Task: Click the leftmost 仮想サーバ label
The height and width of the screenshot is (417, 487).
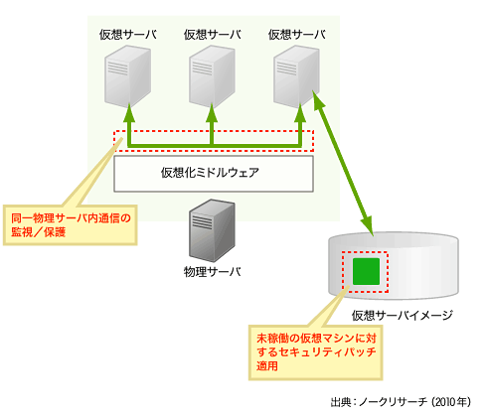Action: pyautogui.click(x=128, y=35)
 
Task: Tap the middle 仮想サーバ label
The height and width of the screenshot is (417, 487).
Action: pyautogui.click(x=213, y=35)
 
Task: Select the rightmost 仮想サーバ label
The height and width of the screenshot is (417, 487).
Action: pyautogui.click(x=297, y=35)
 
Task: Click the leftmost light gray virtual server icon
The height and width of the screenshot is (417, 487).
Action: pyautogui.click(x=127, y=76)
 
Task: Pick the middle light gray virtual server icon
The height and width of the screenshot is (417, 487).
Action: pyautogui.click(x=212, y=76)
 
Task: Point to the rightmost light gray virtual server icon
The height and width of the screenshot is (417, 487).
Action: pyautogui.click(x=296, y=76)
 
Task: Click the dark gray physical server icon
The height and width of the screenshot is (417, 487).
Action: pyautogui.click(x=212, y=230)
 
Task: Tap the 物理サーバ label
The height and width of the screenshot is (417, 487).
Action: pyautogui.click(x=213, y=272)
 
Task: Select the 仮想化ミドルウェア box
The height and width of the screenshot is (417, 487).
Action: pyautogui.click(x=214, y=174)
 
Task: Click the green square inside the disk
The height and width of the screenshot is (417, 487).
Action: pyautogui.click(x=366, y=271)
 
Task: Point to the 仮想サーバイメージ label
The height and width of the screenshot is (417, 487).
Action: pyautogui.click(x=403, y=316)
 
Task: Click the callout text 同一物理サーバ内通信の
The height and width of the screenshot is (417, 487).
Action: pyautogui.click(x=71, y=218)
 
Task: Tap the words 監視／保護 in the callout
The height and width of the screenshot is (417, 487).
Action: pyautogui.click(x=39, y=232)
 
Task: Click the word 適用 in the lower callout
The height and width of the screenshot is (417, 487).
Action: pyautogui.click(x=267, y=366)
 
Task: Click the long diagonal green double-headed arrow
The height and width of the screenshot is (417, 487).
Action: pyautogui.click(x=343, y=163)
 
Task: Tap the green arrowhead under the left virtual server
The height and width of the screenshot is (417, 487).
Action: pyautogui.click(x=129, y=113)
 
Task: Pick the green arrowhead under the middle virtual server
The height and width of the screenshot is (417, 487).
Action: pyautogui.click(x=212, y=113)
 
